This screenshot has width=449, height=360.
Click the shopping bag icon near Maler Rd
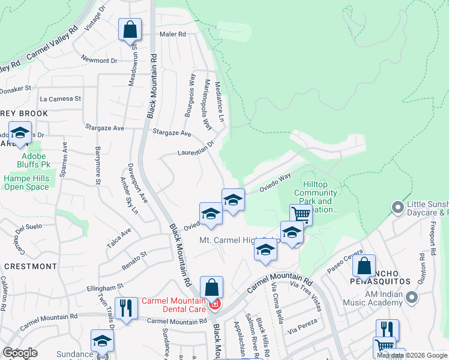(x=130, y=29)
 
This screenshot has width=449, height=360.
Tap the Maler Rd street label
(x=173, y=34)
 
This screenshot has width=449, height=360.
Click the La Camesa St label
(x=60, y=98)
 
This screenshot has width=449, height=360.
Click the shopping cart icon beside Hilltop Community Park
(x=301, y=214)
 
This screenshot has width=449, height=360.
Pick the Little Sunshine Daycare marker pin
(x=396, y=208)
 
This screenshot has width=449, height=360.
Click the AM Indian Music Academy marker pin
(x=411, y=297)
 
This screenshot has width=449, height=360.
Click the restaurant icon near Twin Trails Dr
(x=124, y=309)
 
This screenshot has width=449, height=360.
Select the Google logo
(x=20, y=353)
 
